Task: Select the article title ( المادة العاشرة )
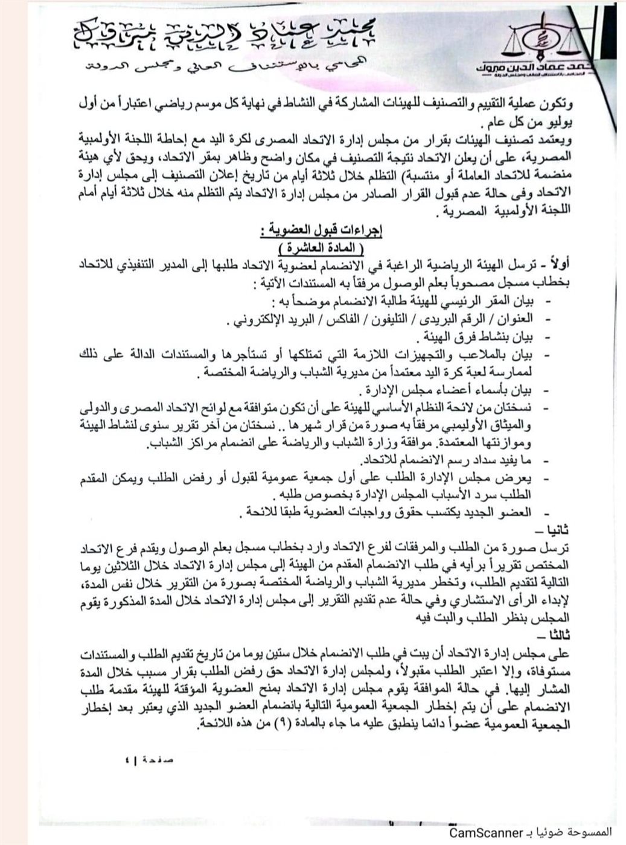(322, 248)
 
